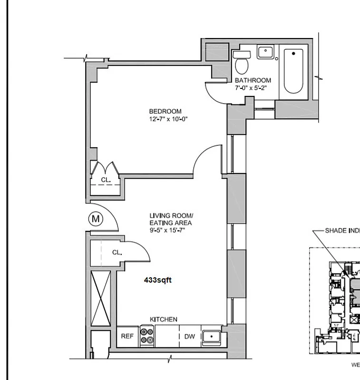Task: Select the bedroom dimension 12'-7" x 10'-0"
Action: click(168, 119)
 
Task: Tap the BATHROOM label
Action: click(253, 80)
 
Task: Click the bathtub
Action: click(293, 71)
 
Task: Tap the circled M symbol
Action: click(96, 219)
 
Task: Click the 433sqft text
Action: click(157, 280)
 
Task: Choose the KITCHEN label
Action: click(164, 319)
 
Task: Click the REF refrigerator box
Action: click(127, 336)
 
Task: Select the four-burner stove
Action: click(147, 336)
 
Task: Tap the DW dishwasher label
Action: click(190, 337)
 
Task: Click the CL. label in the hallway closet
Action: click(117, 253)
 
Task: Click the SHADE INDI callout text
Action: click(342, 230)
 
